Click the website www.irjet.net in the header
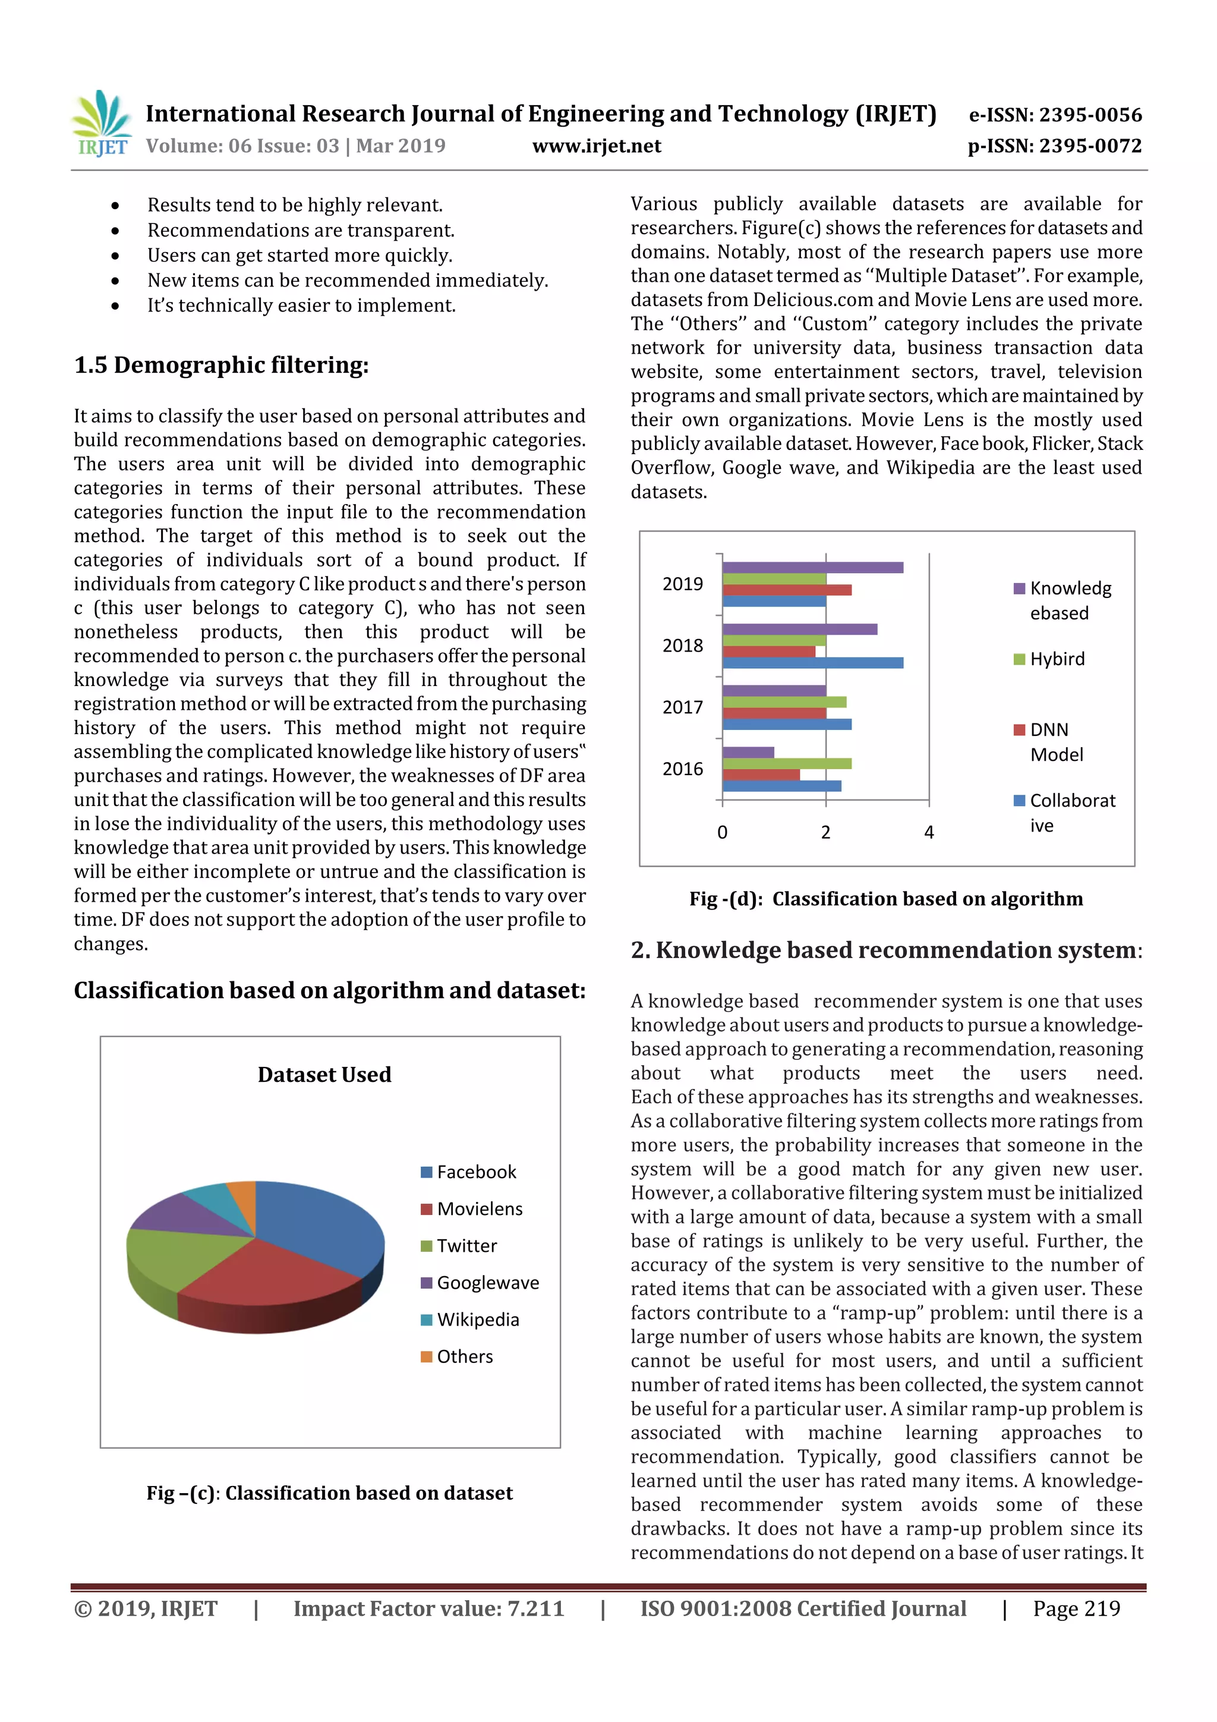tap(596, 146)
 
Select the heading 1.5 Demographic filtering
tap(221, 365)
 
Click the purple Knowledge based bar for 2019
tap(812, 567)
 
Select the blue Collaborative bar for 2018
tap(812, 662)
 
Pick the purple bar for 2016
tap(748, 751)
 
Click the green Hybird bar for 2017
tap(784, 702)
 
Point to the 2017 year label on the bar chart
tap(682, 707)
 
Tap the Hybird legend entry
tap(1056, 659)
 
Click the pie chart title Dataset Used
tap(324, 1075)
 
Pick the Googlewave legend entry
tap(487, 1283)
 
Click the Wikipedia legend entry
tap(477, 1320)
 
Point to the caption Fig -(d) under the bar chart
tap(885, 899)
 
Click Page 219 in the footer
tap(1076, 1608)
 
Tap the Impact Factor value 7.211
tap(428, 1608)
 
